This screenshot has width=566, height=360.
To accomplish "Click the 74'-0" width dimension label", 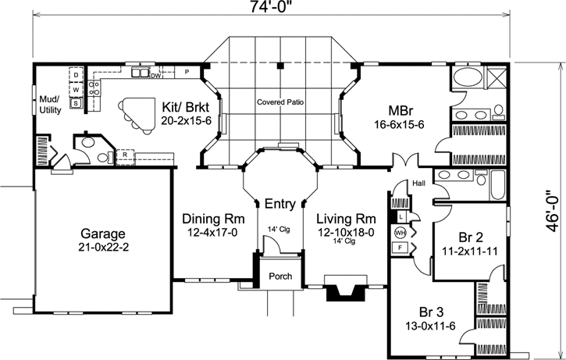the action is pyautogui.click(x=270, y=8).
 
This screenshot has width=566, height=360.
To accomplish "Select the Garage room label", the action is pyautogui.click(x=103, y=233).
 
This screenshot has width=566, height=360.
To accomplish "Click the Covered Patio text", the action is pyautogui.click(x=280, y=102).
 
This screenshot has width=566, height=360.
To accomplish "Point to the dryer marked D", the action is pyautogui.click(x=76, y=75).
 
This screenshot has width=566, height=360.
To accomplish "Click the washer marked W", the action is pyautogui.click(x=76, y=90).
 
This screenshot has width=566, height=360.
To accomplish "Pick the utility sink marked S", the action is pyautogui.click(x=76, y=103).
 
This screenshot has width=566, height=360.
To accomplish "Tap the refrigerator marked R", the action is pyautogui.click(x=125, y=155).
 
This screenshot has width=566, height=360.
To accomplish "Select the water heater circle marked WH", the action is pyautogui.click(x=400, y=233).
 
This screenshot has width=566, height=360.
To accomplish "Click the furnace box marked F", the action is pyautogui.click(x=400, y=248).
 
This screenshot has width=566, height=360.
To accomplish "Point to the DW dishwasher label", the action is pyautogui.click(x=155, y=76).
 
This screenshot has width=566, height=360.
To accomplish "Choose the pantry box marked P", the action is pyautogui.click(x=187, y=72).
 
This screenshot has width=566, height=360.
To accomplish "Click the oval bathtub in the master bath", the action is pyautogui.click(x=467, y=77).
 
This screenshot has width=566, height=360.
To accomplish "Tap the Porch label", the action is pyautogui.click(x=280, y=276).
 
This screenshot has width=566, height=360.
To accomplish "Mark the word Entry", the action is pyautogui.click(x=280, y=204).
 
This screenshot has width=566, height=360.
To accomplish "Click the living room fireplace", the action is pyautogui.click(x=344, y=288).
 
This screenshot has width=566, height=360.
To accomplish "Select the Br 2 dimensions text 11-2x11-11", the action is pyautogui.click(x=470, y=251).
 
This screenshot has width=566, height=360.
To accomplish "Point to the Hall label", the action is pyautogui.click(x=418, y=184).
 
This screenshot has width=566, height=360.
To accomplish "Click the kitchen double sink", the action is pyautogui.click(x=140, y=73).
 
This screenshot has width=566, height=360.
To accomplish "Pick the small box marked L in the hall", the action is pyautogui.click(x=402, y=216).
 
